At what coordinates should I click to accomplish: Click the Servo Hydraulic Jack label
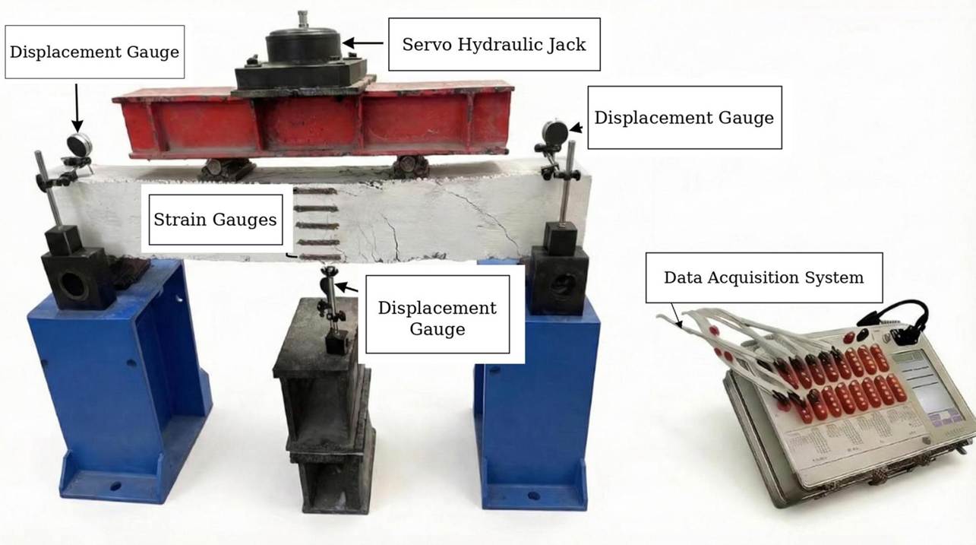pos(494,45)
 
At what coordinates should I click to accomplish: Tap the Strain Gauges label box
pos(216,220)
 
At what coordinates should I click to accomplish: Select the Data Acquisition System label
pos(764,277)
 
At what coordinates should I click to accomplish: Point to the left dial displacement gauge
pos(79,144)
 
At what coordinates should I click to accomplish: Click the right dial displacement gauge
pos(555,131)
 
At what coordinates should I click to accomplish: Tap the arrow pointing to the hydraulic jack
pos(363,43)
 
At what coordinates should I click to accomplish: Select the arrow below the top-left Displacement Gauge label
pos(77,108)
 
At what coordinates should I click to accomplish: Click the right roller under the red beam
pos(409,166)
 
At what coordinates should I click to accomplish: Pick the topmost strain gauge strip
pos(315,191)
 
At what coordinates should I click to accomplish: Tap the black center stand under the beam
pos(324,405)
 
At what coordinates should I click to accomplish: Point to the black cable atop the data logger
pos(897,312)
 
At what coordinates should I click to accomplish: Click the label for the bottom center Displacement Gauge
pos(437,315)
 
